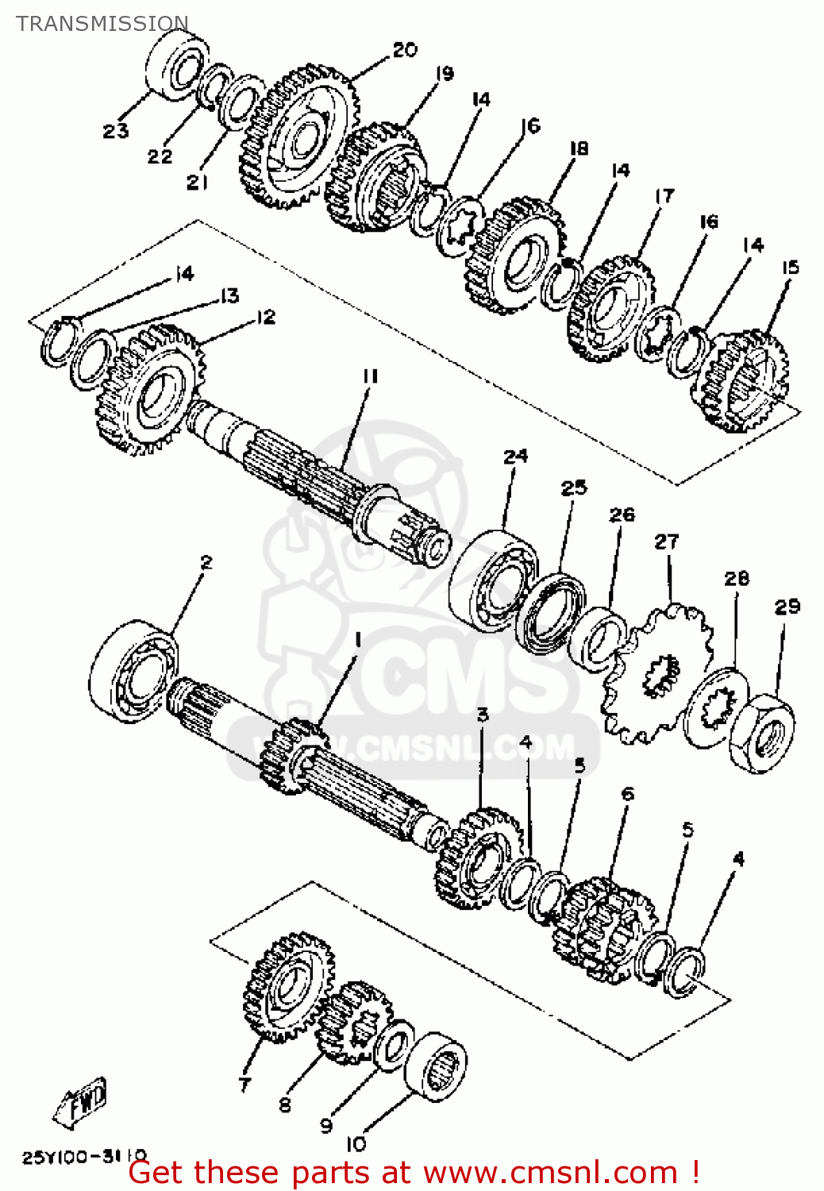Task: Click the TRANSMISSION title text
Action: (x=102, y=24)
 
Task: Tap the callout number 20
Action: (x=405, y=50)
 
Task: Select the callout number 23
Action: (x=116, y=131)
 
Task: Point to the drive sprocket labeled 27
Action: (x=657, y=675)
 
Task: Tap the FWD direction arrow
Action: (x=80, y=1103)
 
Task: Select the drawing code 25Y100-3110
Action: (x=84, y=1156)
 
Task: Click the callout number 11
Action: (x=370, y=376)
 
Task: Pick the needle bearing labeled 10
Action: (x=435, y=1066)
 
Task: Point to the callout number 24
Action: (x=515, y=457)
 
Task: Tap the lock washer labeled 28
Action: (x=715, y=707)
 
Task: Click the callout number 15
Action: (x=790, y=268)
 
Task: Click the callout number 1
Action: (x=358, y=640)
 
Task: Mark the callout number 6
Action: (x=628, y=793)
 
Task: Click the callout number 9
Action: (x=326, y=1125)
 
